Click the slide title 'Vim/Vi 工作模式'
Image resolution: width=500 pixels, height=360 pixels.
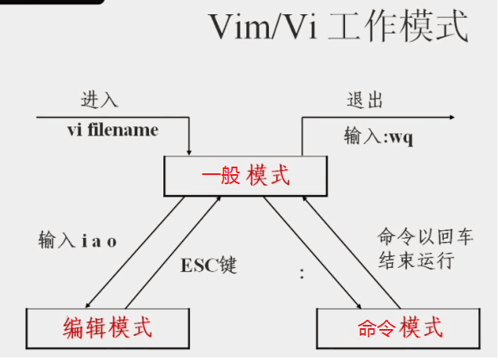(338, 27)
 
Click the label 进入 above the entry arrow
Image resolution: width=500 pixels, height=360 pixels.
(100, 100)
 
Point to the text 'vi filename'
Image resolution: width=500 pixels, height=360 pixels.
(112, 130)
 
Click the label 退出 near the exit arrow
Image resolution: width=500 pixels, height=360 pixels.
(365, 100)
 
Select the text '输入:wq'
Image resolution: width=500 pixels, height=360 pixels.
(379, 136)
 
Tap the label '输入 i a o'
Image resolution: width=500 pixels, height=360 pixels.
(78, 240)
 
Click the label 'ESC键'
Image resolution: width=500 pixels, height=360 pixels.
(209, 265)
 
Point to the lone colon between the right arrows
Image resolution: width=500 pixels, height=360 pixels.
(302, 274)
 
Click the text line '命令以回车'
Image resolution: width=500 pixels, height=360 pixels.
(425, 237)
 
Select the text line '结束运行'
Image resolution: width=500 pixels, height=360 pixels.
(416, 260)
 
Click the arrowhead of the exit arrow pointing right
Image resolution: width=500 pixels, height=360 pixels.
(452, 117)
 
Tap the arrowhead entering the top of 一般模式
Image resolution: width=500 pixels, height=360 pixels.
(189, 153)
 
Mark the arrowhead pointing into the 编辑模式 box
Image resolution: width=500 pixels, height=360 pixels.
(88, 305)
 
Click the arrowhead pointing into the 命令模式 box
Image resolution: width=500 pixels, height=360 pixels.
(358, 306)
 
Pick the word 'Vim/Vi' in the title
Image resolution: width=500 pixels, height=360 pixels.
(263, 27)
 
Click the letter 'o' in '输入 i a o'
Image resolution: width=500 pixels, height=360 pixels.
(111, 242)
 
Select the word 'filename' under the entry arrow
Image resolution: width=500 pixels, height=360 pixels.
(123, 130)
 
